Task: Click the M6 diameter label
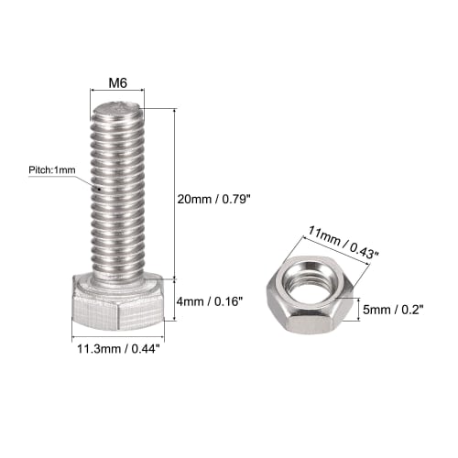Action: [117, 83]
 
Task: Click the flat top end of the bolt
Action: [117, 112]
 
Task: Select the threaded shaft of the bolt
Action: [117, 192]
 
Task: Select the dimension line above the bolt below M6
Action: [117, 93]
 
